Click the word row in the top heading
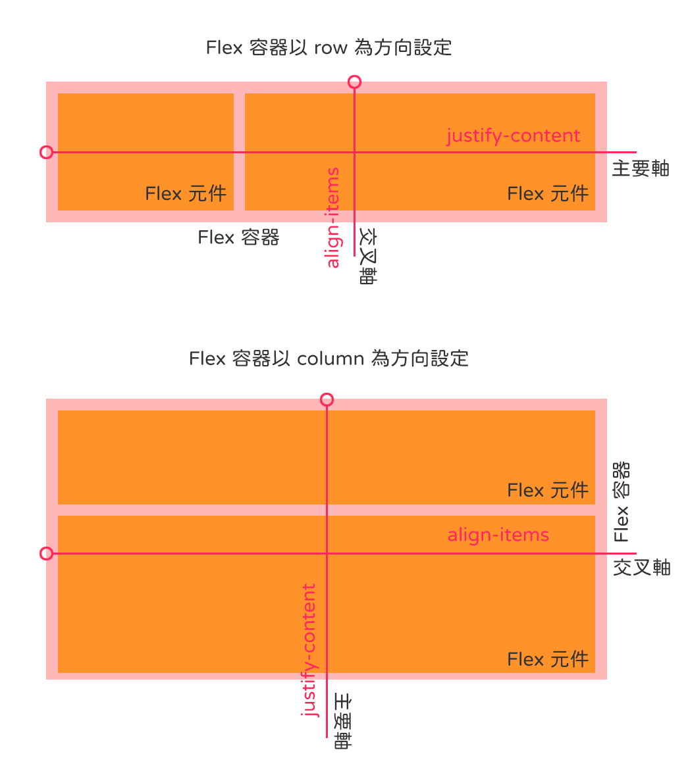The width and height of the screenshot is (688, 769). [331, 48]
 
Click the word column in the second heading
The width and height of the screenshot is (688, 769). [331, 359]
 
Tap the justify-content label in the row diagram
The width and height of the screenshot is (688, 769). [514, 136]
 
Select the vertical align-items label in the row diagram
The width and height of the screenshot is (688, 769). [333, 218]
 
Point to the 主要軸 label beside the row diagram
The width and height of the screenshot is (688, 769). [641, 168]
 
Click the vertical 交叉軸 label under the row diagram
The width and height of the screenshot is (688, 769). [367, 255]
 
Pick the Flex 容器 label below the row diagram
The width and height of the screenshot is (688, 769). [238, 237]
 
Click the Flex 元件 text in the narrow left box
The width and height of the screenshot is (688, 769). [186, 193]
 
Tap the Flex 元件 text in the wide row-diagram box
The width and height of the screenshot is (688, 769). [548, 193]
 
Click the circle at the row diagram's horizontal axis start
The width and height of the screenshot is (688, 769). [46, 153]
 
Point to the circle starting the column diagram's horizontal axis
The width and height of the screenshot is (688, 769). [46, 554]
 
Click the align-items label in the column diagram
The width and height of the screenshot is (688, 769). [498, 535]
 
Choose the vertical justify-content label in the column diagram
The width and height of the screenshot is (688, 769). [309, 651]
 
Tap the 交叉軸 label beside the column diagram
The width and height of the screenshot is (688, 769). [642, 568]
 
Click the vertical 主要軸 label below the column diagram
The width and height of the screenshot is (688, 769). [342, 721]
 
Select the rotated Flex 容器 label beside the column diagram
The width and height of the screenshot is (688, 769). [622, 501]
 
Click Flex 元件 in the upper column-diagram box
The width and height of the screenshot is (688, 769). [548, 491]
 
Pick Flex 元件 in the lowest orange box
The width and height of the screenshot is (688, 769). [548, 660]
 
